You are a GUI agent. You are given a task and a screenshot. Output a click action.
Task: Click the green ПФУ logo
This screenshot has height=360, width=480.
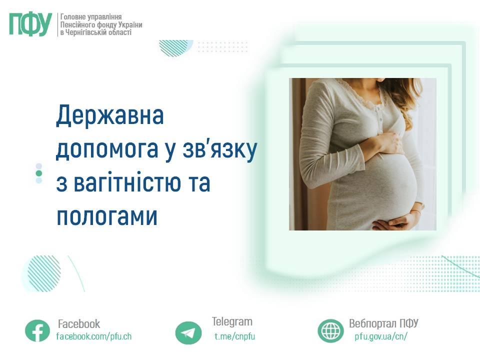point(30,24)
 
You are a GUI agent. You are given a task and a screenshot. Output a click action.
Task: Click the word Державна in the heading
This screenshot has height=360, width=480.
point(110,115)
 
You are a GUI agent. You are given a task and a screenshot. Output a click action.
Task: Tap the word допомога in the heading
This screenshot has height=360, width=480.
point(107,149)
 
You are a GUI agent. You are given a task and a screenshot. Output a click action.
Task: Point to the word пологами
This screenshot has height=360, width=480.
point(107,216)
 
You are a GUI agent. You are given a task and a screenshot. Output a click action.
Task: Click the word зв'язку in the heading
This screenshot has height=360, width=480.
point(219,149)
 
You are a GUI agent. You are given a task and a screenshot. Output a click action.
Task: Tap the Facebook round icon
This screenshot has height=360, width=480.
point(37,331)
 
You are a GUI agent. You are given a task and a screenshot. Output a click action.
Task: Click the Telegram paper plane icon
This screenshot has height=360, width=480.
point(188,333)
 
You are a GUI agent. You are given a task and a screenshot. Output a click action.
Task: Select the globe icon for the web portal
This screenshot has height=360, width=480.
point(330,331)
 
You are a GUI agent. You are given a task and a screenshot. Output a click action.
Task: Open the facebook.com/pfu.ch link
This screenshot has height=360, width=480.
point(94,336)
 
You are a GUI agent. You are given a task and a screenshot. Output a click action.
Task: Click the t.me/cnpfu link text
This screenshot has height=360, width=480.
point(235,336)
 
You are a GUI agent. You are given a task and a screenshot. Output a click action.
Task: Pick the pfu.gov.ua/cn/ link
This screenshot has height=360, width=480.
point(381,336)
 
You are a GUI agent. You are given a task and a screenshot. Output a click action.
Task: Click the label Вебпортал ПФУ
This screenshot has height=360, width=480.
point(383,323)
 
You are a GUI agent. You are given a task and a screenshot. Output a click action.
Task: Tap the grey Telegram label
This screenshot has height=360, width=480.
point(232,321)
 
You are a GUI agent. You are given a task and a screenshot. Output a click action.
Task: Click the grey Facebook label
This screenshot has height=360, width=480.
point(79,324)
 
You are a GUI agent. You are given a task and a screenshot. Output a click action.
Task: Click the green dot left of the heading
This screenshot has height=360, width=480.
point(39,173)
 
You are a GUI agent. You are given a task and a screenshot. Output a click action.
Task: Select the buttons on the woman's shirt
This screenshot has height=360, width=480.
point(379,119)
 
